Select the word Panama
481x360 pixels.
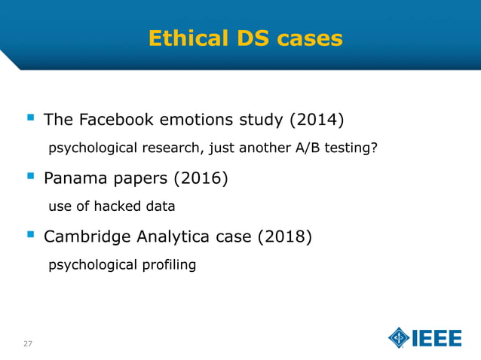73,178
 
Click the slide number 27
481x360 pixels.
28,343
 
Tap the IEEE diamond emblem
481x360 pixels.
399,338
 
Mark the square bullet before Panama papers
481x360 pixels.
31,177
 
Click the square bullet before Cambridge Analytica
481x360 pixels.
31,236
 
